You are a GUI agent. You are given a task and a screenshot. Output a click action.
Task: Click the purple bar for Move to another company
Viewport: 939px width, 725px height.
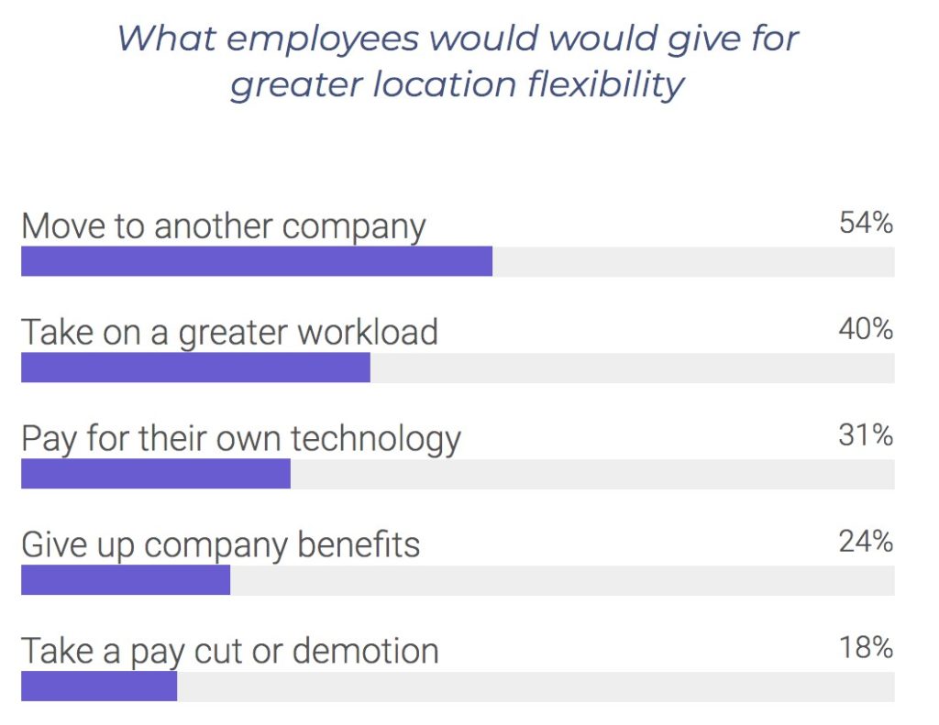click(x=257, y=261)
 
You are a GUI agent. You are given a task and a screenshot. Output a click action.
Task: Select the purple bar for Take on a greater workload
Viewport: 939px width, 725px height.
click(x=195, y=368)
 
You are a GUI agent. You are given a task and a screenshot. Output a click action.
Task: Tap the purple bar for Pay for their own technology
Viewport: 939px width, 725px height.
click(x=156, y=474)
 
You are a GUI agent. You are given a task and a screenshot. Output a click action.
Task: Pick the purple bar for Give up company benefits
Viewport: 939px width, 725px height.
click(x=126, y=580)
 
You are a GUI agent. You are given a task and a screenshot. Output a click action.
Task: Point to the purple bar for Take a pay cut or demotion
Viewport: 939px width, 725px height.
click(x=99, y=687)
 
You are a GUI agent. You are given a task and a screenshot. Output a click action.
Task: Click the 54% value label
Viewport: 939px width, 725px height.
click(x=866, y=223)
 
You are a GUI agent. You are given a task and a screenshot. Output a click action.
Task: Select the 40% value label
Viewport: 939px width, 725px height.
click(x=866, y=329)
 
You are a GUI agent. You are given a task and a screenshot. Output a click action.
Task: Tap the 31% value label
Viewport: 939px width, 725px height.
click(x=866, y=435)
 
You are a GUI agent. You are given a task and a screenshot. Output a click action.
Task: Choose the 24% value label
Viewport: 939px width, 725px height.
click(x=866, y=542)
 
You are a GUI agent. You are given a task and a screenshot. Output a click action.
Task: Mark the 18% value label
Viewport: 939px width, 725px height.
click(x=866, y=648)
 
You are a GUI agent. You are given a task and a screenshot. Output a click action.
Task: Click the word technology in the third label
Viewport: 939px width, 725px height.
click(x=375, y=439)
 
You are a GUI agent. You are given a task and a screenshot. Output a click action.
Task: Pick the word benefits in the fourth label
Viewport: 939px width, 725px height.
click(x=359, y=544)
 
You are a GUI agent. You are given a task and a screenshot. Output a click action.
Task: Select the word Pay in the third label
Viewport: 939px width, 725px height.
click(x=49, y=439)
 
